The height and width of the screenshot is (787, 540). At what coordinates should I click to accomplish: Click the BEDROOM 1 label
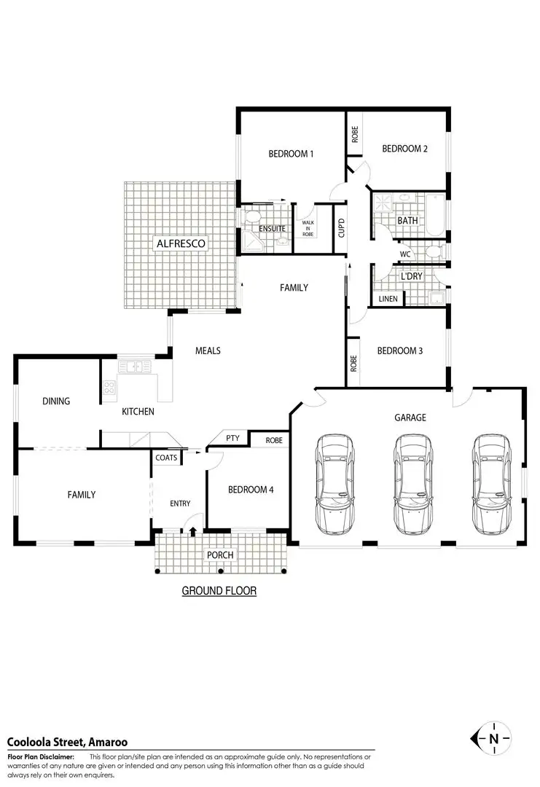[x=291, y=154]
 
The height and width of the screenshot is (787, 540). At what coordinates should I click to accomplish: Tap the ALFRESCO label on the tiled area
[x=181, y=243]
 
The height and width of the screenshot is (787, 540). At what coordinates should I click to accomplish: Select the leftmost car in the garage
[x=335, y=485]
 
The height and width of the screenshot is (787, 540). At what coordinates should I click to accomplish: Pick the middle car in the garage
[x=412, y=485]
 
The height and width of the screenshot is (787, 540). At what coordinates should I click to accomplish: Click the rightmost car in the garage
[x=489, y=485]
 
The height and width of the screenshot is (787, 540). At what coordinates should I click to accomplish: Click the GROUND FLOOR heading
[x=219, y=590]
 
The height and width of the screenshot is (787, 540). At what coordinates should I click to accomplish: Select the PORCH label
[x=220, y=555]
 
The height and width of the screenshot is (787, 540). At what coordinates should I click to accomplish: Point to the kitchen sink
[x=133, y=367]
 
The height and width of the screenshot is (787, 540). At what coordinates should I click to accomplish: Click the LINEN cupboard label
[x=388, y=299]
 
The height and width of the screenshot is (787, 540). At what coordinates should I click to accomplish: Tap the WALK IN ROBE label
[x=308, y=228]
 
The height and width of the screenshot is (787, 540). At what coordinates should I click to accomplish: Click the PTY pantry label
[x=232, y=438]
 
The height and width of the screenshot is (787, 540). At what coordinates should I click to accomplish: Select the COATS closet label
[x=165, y=458]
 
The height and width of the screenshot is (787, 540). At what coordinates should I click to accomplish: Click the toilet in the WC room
[x=433, y=252]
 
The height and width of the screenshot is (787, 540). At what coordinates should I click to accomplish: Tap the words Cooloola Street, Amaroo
[x=67, y=742]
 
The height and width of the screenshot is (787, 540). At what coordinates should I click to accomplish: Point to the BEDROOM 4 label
[x=251, y=490]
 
